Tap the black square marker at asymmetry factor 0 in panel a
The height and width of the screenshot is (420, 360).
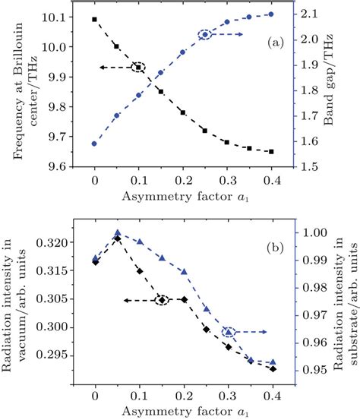click(94, 19)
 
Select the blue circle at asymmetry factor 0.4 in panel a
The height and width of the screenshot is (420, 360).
click(272, 14)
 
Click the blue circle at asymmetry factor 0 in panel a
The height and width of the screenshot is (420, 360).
click(94, 143)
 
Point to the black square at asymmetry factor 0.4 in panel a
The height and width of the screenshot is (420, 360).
click(272, 151)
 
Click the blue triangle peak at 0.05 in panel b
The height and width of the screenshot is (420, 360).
click(117, 232)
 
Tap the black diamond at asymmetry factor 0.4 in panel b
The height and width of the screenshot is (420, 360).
click(272, 368)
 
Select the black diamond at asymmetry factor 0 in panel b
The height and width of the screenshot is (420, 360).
click(94, 261)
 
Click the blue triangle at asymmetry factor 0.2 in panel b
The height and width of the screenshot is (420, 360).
click(183, 271)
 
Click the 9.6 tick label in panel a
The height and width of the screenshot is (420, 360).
click(61, 166)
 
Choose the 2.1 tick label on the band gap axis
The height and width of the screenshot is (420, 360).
click(301, 14)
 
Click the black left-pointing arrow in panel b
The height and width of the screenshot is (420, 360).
click(137, 300)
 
